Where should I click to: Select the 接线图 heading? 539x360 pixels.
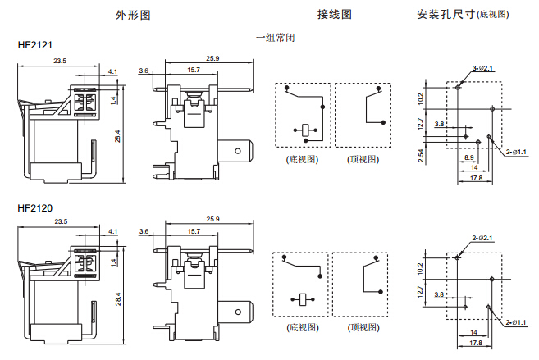(335, 15)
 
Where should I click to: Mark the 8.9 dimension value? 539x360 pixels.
(469, 157)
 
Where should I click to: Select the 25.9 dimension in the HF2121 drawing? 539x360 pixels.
(212, 58)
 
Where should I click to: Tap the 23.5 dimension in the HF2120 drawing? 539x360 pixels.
(61, 223)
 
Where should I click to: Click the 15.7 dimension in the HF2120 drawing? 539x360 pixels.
(194, 233)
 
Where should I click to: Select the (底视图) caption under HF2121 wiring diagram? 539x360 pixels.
(302, 159)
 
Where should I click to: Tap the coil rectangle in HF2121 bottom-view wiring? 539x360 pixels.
(304, 129)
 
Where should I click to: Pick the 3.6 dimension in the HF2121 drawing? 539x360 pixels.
(144, 71)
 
